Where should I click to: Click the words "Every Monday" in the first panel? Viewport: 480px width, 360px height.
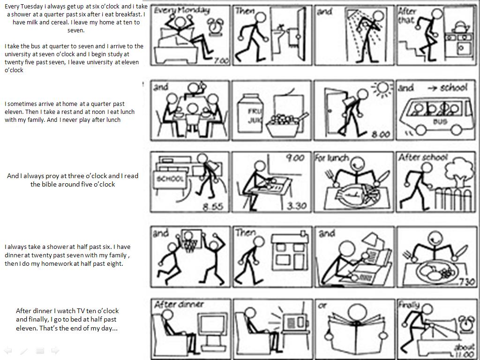182,11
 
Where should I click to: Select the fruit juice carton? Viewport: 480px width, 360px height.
250,113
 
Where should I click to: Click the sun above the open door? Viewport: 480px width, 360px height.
382,89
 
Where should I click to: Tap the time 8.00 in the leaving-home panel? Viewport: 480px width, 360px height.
381,134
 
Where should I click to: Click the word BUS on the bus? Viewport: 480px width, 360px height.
440,121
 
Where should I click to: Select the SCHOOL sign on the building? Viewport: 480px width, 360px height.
170,179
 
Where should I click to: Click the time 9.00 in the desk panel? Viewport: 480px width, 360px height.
295,158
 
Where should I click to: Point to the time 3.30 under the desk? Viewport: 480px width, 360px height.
297,205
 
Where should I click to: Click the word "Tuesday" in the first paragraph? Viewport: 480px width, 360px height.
32,7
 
